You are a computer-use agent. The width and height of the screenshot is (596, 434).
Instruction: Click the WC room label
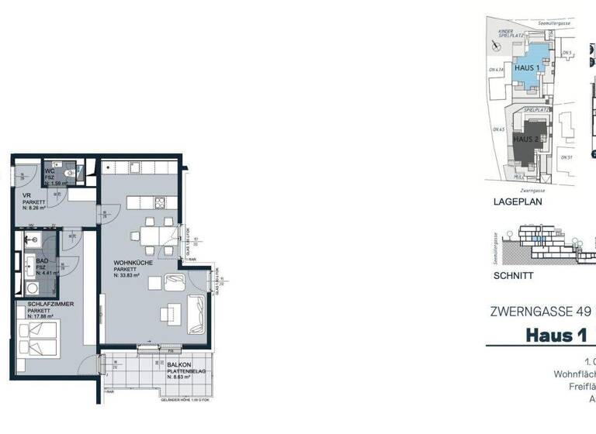49,170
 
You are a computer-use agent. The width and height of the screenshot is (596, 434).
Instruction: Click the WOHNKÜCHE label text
132,262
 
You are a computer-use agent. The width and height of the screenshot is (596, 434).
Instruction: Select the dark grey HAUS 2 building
528,139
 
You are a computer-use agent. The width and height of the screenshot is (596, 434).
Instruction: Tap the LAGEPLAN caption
517,201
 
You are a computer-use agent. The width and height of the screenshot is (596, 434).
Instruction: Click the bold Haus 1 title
556,335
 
